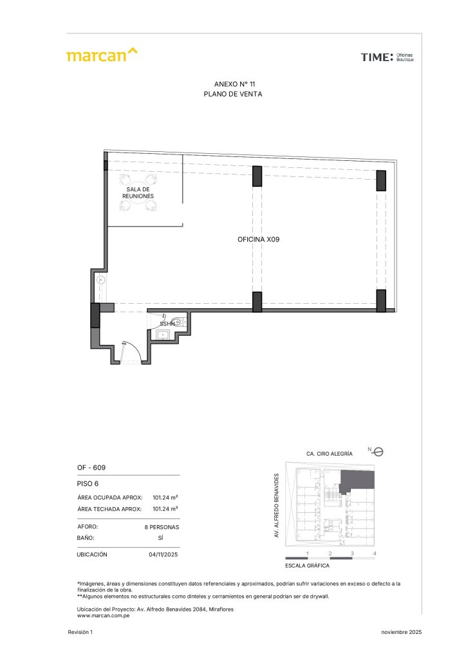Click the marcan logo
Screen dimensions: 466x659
coord(102,55)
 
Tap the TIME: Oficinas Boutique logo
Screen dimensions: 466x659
coord(387,57)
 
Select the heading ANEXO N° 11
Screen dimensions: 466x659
coord(234,84)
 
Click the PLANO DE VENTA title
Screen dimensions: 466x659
coord(233,94)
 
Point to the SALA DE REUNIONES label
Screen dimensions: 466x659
coord(138,193)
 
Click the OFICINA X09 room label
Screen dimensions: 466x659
coord(258,239)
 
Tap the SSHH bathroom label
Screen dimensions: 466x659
coord(167,324)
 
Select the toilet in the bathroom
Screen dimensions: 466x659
coord(180,322)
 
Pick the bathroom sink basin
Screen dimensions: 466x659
coord(163,335)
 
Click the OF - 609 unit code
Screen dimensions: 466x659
coord(91,467)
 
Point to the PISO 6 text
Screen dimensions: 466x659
coord(88,484)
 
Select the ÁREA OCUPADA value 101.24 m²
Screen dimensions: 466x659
coord(165,497)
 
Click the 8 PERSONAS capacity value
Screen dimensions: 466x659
coord(162,527)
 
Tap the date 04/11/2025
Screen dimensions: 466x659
coord(163,554)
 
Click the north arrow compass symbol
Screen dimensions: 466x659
coord(378,452)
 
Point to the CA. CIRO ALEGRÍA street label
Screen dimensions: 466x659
coord(330,454)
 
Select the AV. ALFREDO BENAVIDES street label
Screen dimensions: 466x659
coord(277,506)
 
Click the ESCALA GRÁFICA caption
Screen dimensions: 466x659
coord(307,566)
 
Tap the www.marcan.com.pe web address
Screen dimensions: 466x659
coord(104,616)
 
